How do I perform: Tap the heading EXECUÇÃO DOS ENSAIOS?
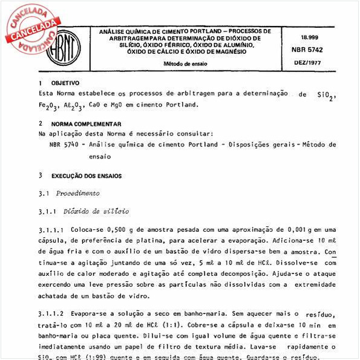86,176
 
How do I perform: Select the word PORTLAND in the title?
189,31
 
